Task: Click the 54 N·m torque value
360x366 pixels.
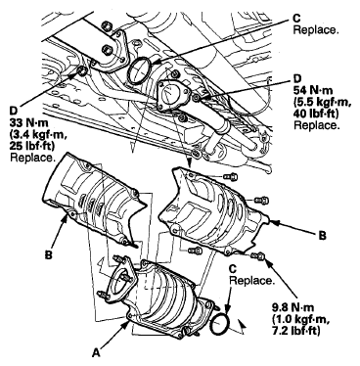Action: [314, 90]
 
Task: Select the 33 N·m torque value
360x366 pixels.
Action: [29, 122]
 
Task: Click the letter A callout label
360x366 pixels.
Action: [95, 352]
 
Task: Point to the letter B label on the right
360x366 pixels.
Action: [322, 236]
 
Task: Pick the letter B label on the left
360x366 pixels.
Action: [48, 254]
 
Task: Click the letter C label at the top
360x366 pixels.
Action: [297, 19]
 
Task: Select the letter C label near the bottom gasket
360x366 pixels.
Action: [233, 269]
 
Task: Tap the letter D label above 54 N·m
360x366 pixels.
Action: [297, 78]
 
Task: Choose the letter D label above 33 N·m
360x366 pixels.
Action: [14, 112]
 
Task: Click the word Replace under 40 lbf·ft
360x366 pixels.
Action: [315, 125]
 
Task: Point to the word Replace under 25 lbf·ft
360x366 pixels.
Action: [32, 158]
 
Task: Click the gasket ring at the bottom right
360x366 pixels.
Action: [220, 324]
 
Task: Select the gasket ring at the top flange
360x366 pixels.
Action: [139, 70]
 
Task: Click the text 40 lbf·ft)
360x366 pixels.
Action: [316, 114]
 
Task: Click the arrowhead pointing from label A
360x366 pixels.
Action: [127, 324]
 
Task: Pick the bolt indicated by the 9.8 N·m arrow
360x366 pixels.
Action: [257, 255]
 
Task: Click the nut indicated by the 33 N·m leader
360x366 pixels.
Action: [82, 70]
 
